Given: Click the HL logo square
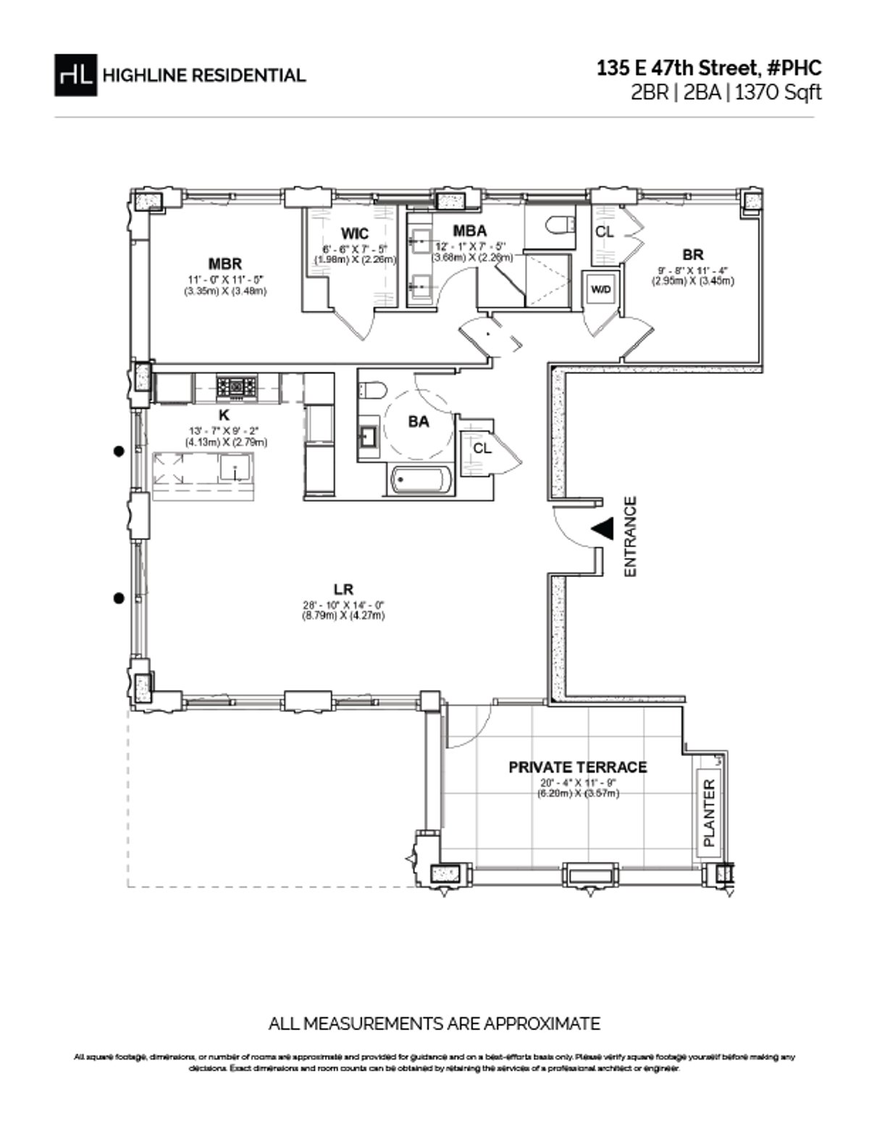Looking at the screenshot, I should [x=75, y=75].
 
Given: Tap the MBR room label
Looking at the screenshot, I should [x=225, y=264].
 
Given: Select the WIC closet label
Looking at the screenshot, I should [x=355, y=233].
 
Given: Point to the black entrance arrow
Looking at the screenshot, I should [x=603, y=528].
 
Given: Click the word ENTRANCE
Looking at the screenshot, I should [x=630, y=536].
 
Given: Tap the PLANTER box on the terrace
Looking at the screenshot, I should [x=708, y=813].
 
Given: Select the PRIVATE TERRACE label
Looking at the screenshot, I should [x=577, y=767].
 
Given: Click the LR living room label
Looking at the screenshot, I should [x=343, y=589].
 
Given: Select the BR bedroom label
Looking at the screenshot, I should [x=692, y=254].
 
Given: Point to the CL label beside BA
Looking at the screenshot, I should [x=482, y=448].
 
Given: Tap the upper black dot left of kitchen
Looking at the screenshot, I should [x=118, y=451].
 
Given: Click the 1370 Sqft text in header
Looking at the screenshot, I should [x=778, y=93].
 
